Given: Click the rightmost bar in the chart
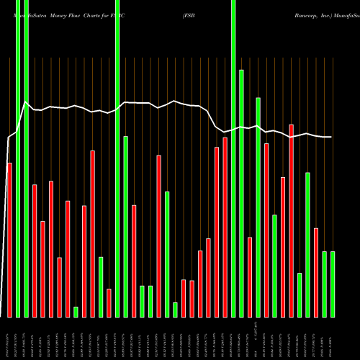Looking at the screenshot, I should point(333,284).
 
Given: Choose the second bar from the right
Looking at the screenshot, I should point(324,284).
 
